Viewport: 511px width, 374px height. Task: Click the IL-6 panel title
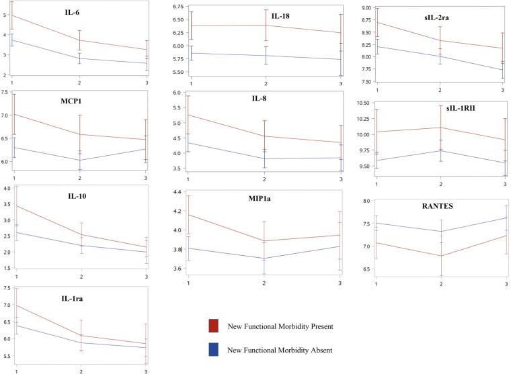tap(72, 13)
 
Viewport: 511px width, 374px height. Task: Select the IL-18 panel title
tap(280, 16)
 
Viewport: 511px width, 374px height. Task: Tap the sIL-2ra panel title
tap(436, 17)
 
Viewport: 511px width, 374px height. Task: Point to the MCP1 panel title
tap(71, 101)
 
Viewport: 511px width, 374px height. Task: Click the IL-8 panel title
tap(259, 98)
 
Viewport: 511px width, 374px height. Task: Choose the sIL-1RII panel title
tap(461, 108)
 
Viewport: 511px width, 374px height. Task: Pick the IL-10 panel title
tap(77, 196)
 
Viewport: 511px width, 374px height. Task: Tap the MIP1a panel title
tap(260, 198)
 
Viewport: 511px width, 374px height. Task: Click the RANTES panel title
tap(437, 206)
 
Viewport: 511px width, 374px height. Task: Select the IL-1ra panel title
tap(72, 299)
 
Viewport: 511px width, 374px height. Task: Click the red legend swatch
tap(213, 326)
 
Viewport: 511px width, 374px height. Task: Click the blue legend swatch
tap(213, 349)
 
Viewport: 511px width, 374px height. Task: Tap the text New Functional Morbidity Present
tap(280, 326)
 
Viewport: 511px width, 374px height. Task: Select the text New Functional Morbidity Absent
tap(280, 350)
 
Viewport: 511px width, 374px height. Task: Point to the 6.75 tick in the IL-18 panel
tap(178, 7)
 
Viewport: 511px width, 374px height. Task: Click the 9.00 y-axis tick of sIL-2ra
tap(366, 8)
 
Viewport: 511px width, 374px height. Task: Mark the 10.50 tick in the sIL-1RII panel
tap(363, 103)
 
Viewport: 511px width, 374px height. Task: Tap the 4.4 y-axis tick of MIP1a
tap(178, 192)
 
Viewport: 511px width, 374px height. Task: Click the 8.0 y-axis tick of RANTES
tap(366, 201)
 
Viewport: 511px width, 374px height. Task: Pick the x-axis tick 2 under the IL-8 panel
tap(264, 179)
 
